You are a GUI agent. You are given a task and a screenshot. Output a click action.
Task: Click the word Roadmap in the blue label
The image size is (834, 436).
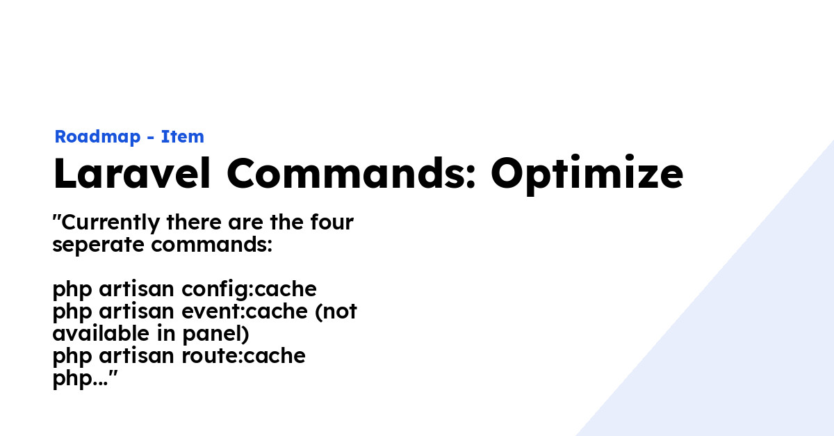click(97, 137)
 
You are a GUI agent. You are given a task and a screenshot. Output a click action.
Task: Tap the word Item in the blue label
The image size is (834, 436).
click(183, 137)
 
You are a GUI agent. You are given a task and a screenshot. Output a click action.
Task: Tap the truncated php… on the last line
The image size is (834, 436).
click(80, 379)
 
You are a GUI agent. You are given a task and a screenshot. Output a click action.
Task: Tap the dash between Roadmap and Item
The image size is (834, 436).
click(151, 138)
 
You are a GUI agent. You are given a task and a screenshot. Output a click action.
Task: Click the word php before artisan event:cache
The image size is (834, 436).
click(73, 312)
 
